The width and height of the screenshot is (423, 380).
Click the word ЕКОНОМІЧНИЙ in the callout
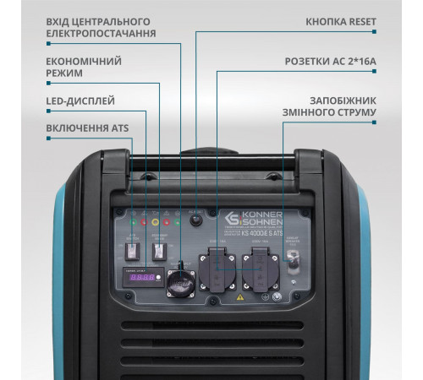tap(82, 62)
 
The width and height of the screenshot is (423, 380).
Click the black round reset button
tap(196, 220)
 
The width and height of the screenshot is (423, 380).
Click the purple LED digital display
tap(142, 277)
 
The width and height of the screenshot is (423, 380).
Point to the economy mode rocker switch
tap(159, 250)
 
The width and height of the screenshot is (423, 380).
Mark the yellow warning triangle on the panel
tap(241, 296)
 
